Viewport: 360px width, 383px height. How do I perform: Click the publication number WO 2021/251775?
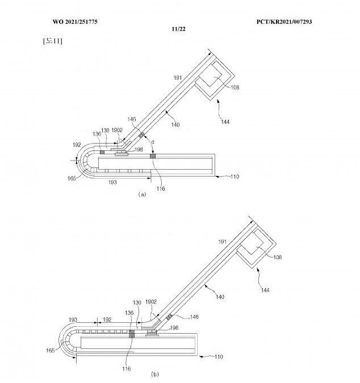(75, 22)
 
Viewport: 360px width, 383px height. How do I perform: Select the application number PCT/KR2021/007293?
(284, 22)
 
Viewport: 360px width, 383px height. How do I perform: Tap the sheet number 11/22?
(178, 29)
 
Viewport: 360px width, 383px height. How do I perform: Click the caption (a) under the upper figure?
(142, 194)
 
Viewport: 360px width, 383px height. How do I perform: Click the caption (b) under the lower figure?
(155, 374)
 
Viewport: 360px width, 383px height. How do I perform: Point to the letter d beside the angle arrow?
(153, 142)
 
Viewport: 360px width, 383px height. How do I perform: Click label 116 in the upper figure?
(161, 188)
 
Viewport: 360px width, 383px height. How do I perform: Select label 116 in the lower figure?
(127, 369)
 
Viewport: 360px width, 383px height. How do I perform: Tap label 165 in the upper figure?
(72, 178)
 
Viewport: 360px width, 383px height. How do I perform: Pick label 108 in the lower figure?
(278, 257)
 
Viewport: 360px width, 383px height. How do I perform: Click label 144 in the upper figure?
(225, 121)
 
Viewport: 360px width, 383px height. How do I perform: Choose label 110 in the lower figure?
(219, 357)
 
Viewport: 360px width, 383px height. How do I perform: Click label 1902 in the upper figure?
(117, 130)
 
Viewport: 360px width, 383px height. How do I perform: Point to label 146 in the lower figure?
(194, 317)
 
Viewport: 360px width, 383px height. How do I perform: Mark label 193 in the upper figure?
(112, 182)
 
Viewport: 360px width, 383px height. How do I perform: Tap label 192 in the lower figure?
(107, 319)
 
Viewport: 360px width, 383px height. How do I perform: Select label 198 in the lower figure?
(174, 327)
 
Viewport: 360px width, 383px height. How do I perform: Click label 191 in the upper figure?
(178, 78)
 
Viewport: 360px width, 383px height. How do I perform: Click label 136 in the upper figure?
(97, 134)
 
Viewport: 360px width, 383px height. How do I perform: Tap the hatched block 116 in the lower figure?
(132, 334)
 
